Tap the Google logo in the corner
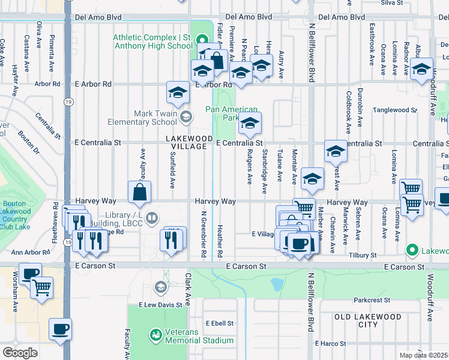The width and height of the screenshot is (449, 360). coord(20,353)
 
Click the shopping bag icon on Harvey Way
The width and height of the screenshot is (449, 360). coord(139,193)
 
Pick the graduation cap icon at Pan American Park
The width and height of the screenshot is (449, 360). coord(250,124)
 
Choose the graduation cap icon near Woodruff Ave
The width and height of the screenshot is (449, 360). coord(422,69)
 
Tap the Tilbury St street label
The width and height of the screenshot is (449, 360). coord(362,255)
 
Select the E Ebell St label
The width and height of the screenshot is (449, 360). coord(219,323)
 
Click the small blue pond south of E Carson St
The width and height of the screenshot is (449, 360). coord(277,283)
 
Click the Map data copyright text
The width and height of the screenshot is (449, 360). coord(424,355)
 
